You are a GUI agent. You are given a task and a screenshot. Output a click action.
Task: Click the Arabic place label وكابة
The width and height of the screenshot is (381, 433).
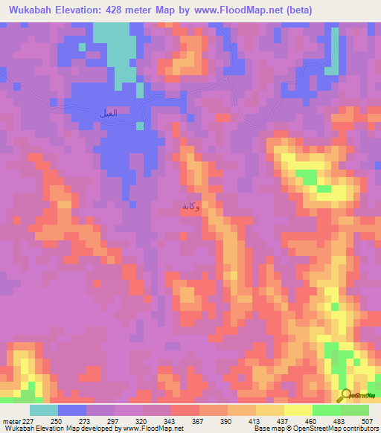tap(190, 207)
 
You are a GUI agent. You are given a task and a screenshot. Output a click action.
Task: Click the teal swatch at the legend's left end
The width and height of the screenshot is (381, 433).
tap(44, 410)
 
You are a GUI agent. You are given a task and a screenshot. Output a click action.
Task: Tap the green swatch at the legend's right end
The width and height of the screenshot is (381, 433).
tap(354, 410)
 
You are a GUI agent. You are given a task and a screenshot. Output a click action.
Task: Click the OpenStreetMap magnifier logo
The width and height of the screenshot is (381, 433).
tap(345, 396)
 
